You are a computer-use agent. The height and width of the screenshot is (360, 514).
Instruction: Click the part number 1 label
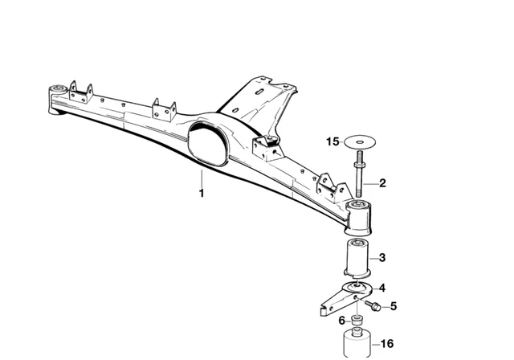pyautogui.click(x=202, y=193)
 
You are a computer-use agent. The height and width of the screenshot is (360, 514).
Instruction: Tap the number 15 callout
pyautogui.click(x=333, y=141)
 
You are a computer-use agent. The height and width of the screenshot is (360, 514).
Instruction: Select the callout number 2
pyautogui.click(x=383, y=183)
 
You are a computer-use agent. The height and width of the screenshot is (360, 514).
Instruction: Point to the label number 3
pyautogui.click(x=383, y=258)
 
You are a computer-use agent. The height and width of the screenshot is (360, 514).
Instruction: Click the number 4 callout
pyautogui.click(x=382, y=288)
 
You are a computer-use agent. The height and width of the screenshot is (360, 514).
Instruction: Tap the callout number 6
pyautogui.click(x=341, y=320)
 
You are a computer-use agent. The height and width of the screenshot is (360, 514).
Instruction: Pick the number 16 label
pyautogui.click(x=386, y=343)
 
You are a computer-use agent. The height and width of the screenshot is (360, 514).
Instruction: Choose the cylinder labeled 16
pyautogui.click(x=357, y=344)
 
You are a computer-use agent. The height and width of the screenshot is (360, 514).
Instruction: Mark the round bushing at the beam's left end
pyautogui.click(x=58, y=88)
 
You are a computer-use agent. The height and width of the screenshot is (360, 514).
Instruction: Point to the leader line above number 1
pyautogui.click(x=202, y=178)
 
